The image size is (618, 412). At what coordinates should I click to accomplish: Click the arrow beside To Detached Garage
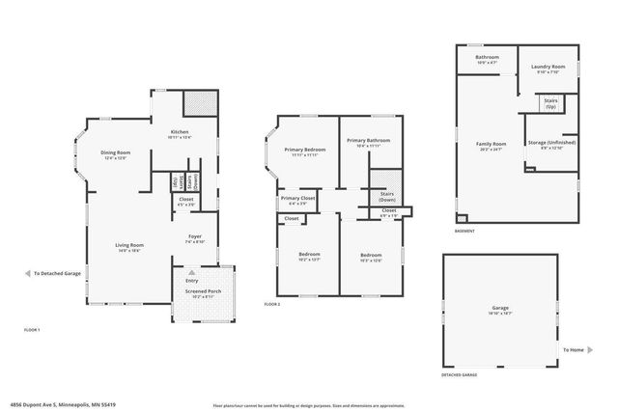26,273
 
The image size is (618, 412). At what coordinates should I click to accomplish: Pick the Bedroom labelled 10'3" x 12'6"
371,257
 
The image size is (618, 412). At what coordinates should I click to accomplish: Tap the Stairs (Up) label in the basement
551,100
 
